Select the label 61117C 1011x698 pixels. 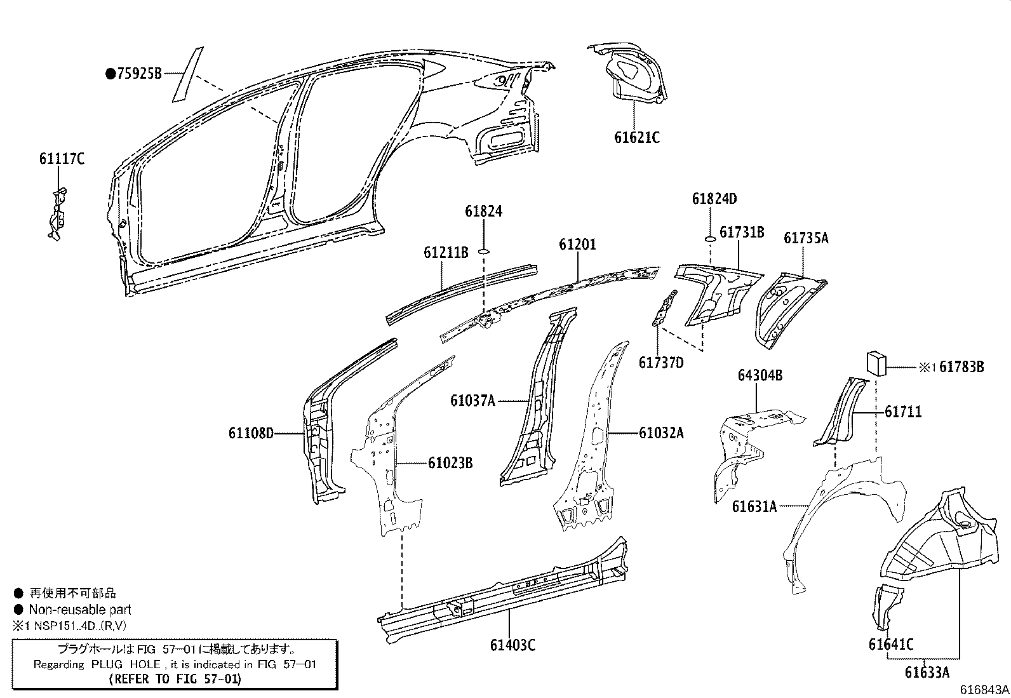[x=62, y=159]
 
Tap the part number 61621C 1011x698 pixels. [x=636, y=137]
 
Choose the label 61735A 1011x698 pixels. [x=806, y=238]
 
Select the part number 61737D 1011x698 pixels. [x=661, y=363]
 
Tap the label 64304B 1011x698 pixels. [x=760, y=375]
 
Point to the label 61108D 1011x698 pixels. [x=251, y=434]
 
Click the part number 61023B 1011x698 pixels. [x=450, y=462]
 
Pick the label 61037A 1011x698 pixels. [x=472, y=401]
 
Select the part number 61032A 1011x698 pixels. [x=661, y=433]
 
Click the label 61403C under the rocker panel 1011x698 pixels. [x=512, y=645]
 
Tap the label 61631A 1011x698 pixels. [x=754, y=506]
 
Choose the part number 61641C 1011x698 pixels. [x=891, y=645]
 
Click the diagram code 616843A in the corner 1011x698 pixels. [x=984, y=690]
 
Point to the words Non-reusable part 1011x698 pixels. [x=80, y=610]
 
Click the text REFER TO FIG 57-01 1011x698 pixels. [x=175, y=679]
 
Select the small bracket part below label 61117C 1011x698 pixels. [x=58, y=213]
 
